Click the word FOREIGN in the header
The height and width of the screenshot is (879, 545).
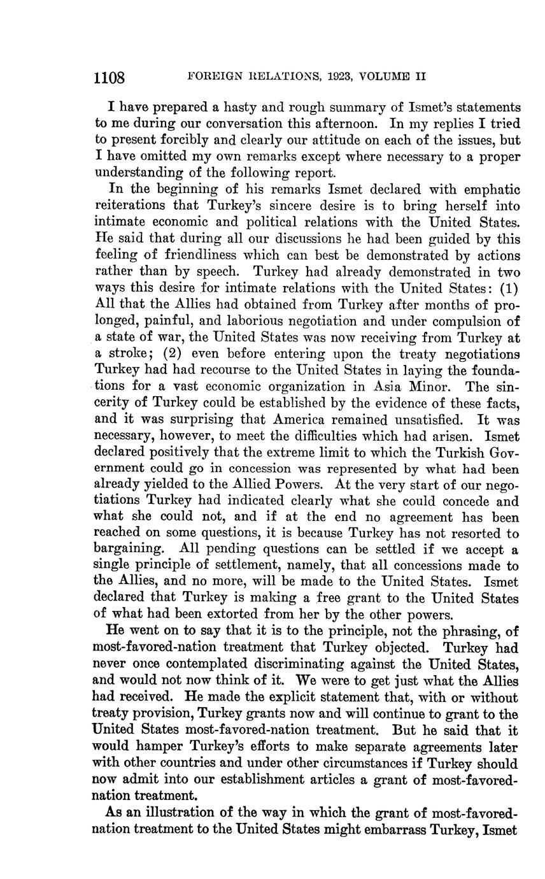(215, 76)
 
